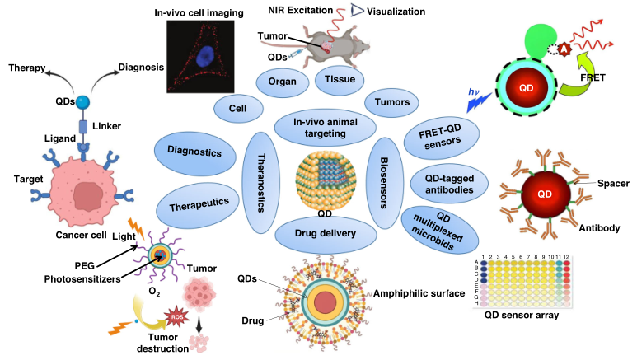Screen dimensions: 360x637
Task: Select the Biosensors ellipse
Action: pyautogui.click(x=380, y=181)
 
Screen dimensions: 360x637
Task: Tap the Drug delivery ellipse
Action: pyautogui.click(x=326, y=233)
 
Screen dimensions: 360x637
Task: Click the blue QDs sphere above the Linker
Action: pyautogui.click(x=83, y=102)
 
